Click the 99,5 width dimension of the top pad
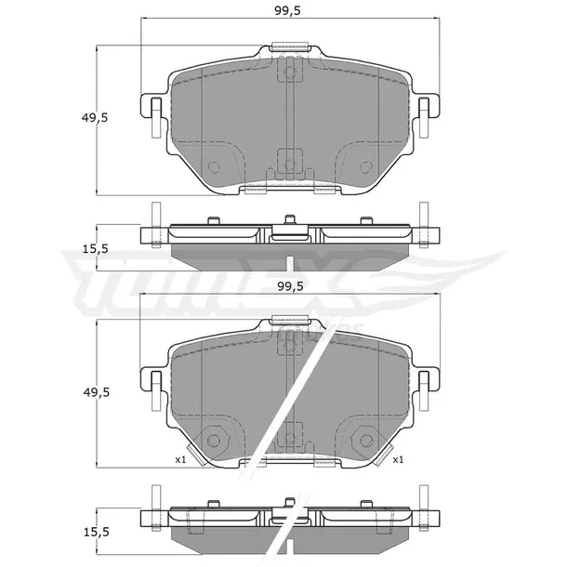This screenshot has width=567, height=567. tap(287, 11)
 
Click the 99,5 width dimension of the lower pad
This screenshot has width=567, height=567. tap(290, 286)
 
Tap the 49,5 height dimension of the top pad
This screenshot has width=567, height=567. tap(95, 117)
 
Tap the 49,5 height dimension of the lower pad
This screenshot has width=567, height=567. tap(96, 392)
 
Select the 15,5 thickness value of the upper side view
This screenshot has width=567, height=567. tap(96, 249)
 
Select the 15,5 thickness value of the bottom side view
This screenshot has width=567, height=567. tap(96, 532)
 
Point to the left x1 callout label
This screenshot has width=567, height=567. tap(180, 459)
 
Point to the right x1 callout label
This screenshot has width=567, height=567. tap(398, 459)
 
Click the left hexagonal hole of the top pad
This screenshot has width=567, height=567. tap(213, 166)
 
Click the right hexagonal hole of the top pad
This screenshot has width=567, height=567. tap(366, 166)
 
